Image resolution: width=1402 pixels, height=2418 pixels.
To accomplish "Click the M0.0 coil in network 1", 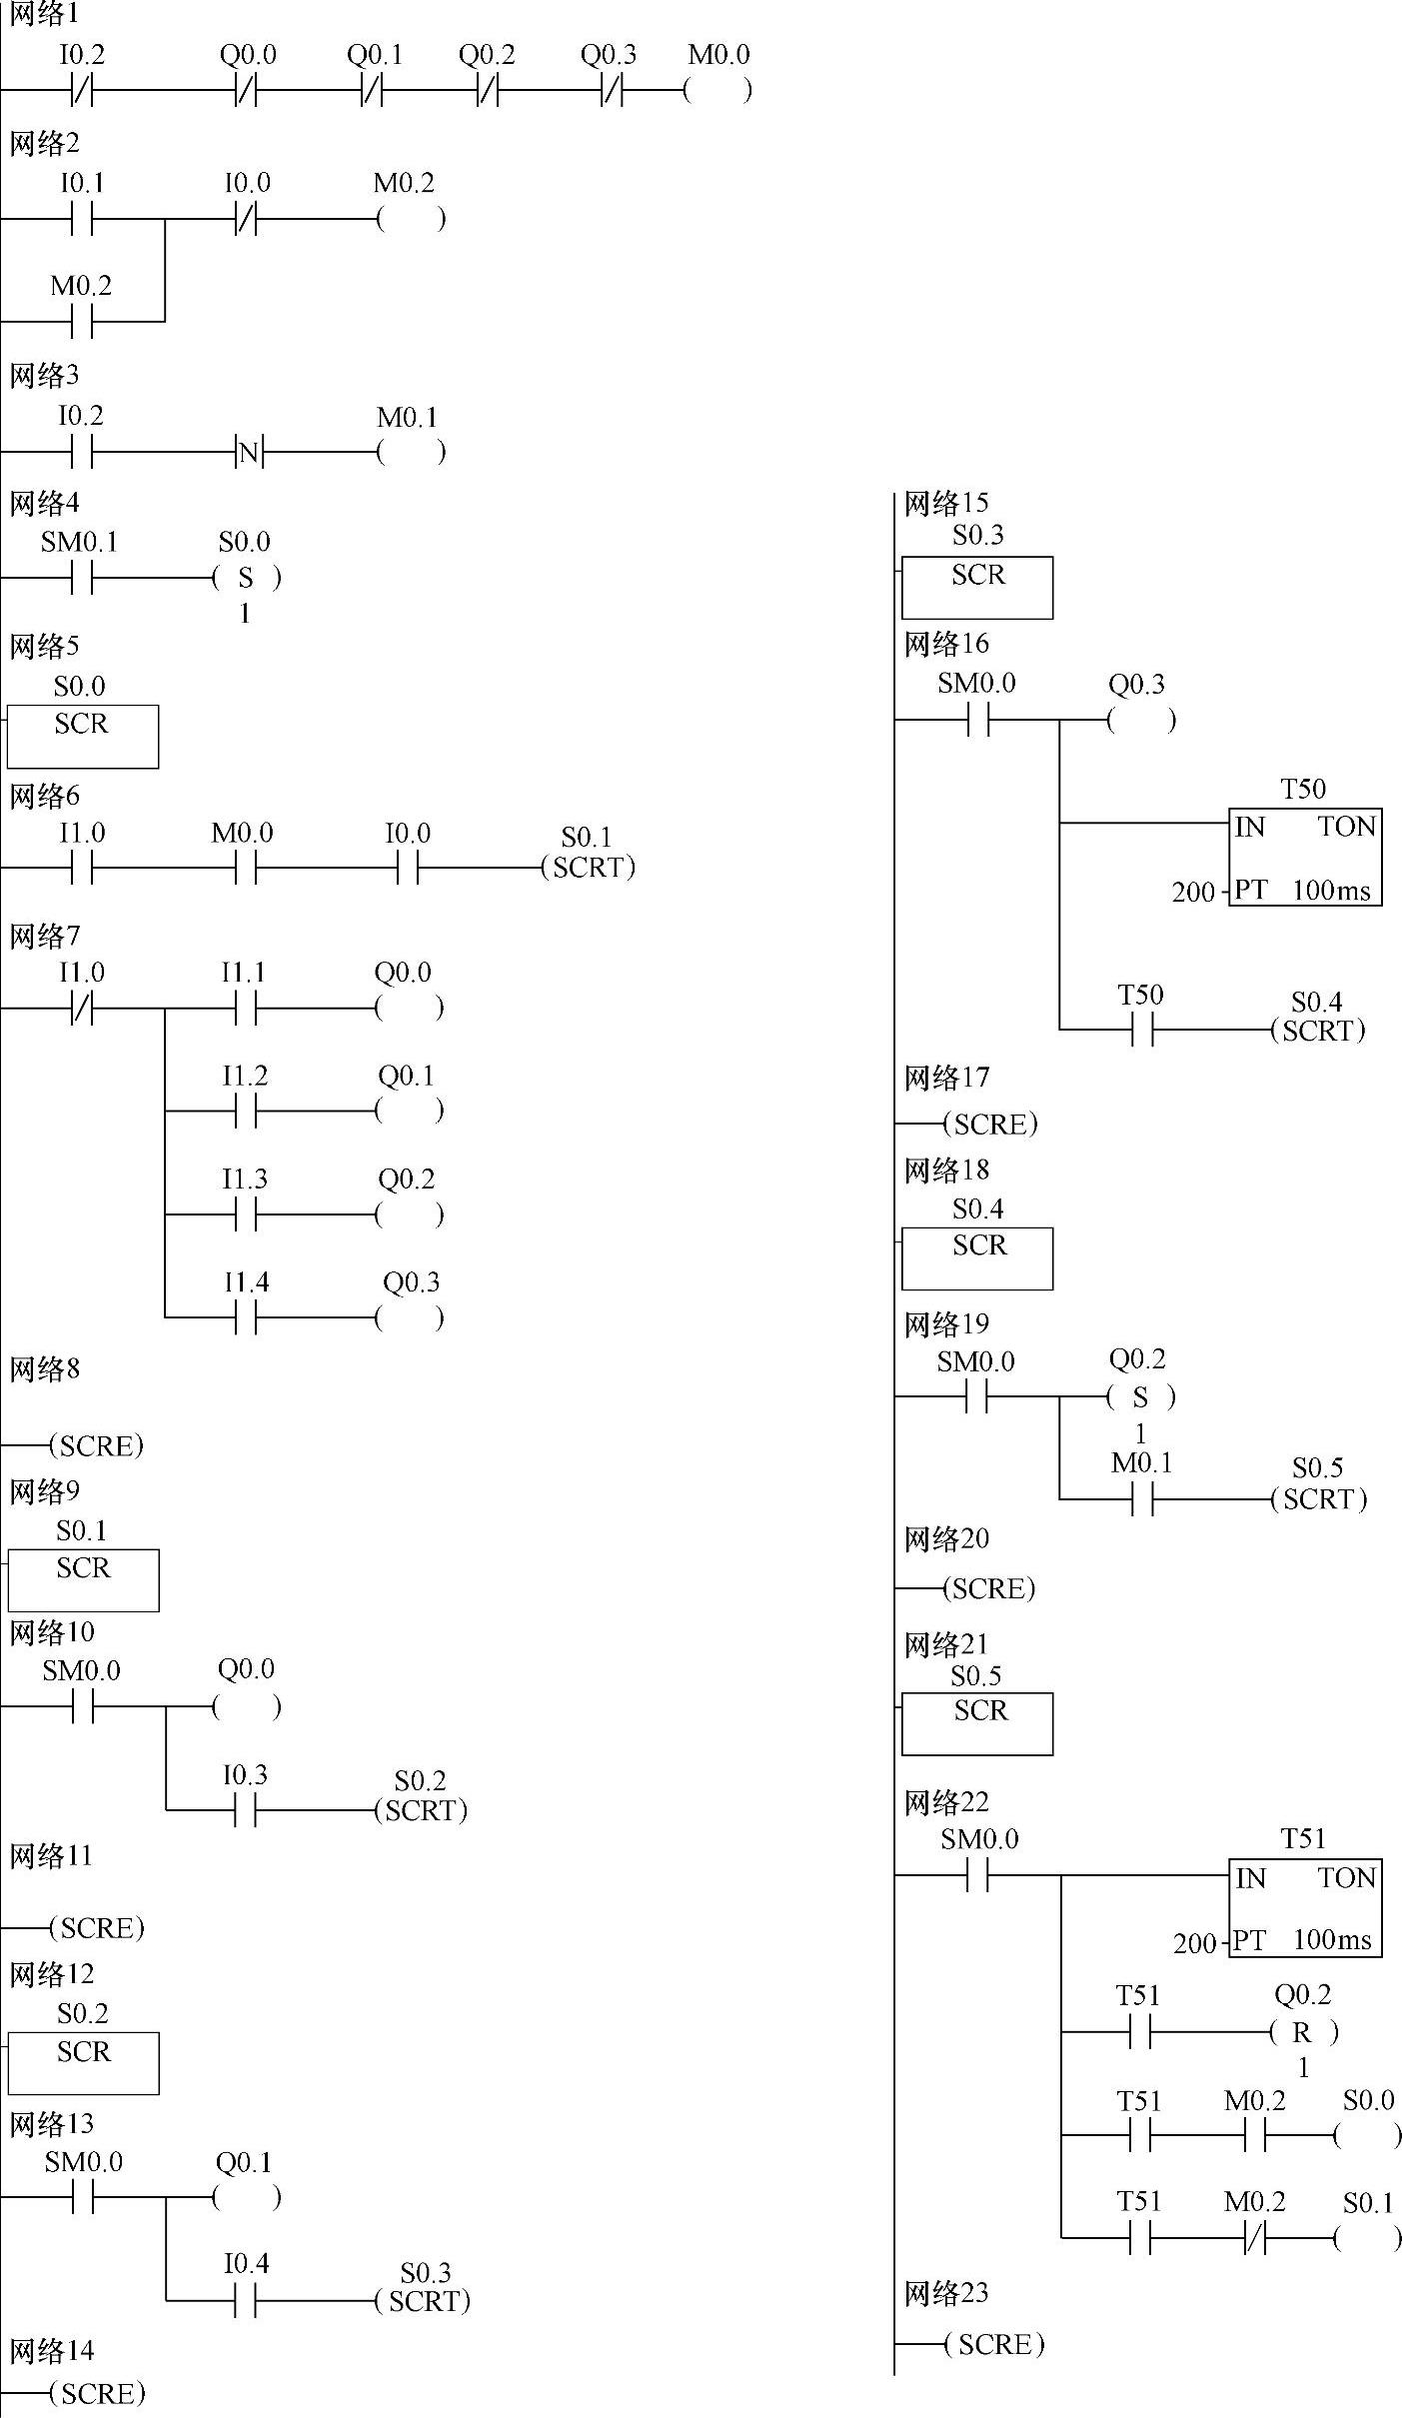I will click(717, 91).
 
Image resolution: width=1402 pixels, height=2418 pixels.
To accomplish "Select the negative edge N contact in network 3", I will click(248, 454).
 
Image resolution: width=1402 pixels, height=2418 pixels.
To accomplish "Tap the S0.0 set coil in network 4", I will click(246, 579).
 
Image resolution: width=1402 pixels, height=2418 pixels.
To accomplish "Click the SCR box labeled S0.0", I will click(82, 736).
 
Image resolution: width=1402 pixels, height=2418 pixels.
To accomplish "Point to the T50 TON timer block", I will click(1305, 857).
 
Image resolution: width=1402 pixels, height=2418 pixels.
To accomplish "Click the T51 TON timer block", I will click(1305, 1907).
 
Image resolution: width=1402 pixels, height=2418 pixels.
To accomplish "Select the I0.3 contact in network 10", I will click(246, 1810).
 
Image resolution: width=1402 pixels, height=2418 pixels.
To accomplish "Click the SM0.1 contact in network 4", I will click(82, 579).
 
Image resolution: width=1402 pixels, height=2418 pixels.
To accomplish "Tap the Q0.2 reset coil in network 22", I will click(1302, 2032).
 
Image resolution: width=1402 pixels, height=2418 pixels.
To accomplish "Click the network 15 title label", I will click(945, 504).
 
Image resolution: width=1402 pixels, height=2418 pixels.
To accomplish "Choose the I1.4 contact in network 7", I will click(246, 1318).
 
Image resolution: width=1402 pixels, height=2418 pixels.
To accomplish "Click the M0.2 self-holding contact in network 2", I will click(82, 322).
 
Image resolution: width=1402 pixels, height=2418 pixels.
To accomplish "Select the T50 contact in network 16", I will click(1141, 1030).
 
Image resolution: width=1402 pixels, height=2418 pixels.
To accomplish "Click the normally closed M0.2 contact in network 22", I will click(1255, 2239).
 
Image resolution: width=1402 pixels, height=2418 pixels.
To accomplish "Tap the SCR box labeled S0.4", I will click(977, 1257).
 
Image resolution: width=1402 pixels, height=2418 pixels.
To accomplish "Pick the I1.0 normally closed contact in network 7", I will click(82, 1010).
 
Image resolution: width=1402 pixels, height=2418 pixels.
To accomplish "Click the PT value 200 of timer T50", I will click(1192, 892).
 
